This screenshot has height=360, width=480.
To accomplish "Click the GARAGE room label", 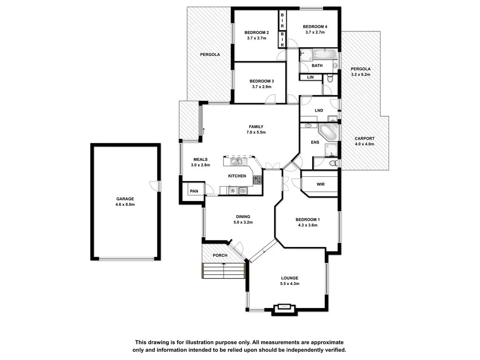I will (x=125, y=199).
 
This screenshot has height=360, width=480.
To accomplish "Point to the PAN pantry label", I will (x=194, y=191).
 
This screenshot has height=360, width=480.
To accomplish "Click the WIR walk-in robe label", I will (x=321, y=184).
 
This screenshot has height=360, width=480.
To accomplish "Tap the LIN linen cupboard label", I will (x=310, y=77).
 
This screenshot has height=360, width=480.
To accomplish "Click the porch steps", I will (x=224, y=270).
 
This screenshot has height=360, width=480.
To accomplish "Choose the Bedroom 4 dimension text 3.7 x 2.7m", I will (x=315, y=32).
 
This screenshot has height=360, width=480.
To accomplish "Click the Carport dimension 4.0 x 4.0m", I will (x=364, y=144).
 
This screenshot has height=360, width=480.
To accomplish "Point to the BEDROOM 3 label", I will (x=262, y=81).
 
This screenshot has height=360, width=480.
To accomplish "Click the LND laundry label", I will (x=319, y=111).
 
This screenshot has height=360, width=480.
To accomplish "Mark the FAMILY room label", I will (x=256, y=127).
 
